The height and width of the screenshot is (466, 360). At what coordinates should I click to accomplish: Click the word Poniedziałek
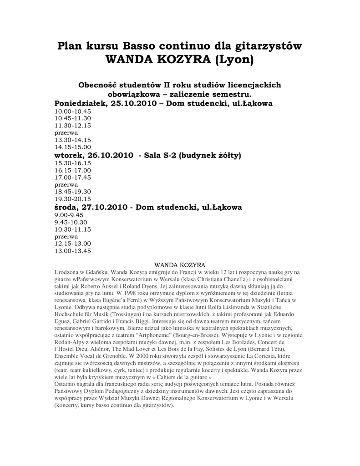[x=81, y=103]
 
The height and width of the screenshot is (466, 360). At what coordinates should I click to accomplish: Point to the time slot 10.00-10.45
[x=73, y=111]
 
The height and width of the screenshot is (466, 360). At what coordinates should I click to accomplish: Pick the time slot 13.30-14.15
[x=73, y=140]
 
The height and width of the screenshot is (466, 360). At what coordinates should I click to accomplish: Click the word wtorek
[x=69, y=155]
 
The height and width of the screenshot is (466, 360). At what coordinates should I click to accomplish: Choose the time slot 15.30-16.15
[x=73, y=163]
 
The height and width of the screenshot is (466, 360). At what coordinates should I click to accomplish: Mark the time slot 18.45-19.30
[x=73, y=192]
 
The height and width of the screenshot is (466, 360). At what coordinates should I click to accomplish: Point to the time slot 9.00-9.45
[x=69, y=215]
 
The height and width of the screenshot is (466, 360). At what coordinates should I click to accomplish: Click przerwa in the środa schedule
[x=66, y=237]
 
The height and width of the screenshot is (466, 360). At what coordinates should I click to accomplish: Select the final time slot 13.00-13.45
[x=73, y=251]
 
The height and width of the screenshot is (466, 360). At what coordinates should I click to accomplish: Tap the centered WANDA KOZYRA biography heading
[x=180, y=264]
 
